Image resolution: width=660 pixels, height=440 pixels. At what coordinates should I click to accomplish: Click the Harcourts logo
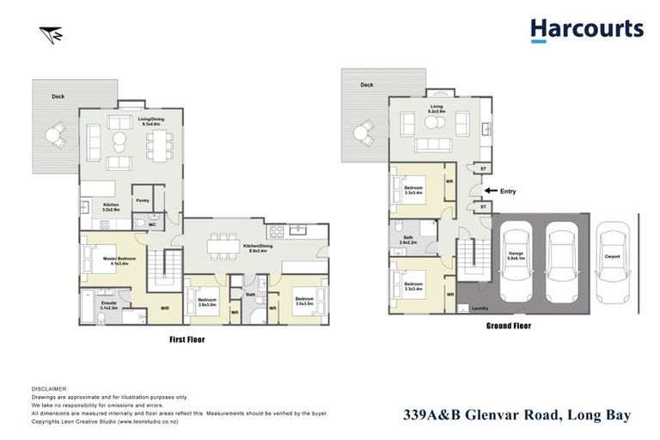[x=587, y=30]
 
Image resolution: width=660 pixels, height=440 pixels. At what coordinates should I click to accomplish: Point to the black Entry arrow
[x=490, y=191]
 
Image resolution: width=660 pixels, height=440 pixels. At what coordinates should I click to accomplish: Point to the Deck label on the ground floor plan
[x=366, y=85]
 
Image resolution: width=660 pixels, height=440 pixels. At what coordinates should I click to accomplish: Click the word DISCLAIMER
[x=48, y=389]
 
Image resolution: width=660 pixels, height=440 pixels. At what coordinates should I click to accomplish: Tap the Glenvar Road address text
[x=517, y=416]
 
